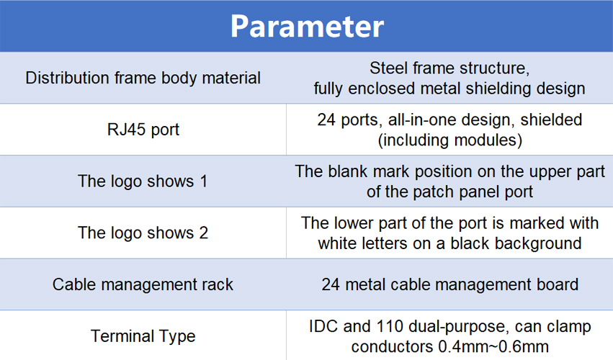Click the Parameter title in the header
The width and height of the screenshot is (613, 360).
pos(307,27)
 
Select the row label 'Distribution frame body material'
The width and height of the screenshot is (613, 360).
pos(143,78)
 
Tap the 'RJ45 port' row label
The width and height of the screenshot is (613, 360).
pos(143,130)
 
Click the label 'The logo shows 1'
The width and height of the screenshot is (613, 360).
pos(143,181)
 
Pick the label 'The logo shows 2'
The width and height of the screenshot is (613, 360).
pos(143,233)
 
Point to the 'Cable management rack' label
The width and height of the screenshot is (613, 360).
pos(143,284)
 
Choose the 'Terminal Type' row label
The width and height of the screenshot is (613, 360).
pos(143,336)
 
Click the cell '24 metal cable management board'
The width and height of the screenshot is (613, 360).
pos(450,284)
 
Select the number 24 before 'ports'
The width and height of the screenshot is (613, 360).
pos(326,120)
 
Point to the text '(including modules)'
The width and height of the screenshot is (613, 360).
pos(450,140)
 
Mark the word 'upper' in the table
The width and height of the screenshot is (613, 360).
pos(547,172)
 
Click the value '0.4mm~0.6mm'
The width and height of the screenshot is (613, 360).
pos(493,346)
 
